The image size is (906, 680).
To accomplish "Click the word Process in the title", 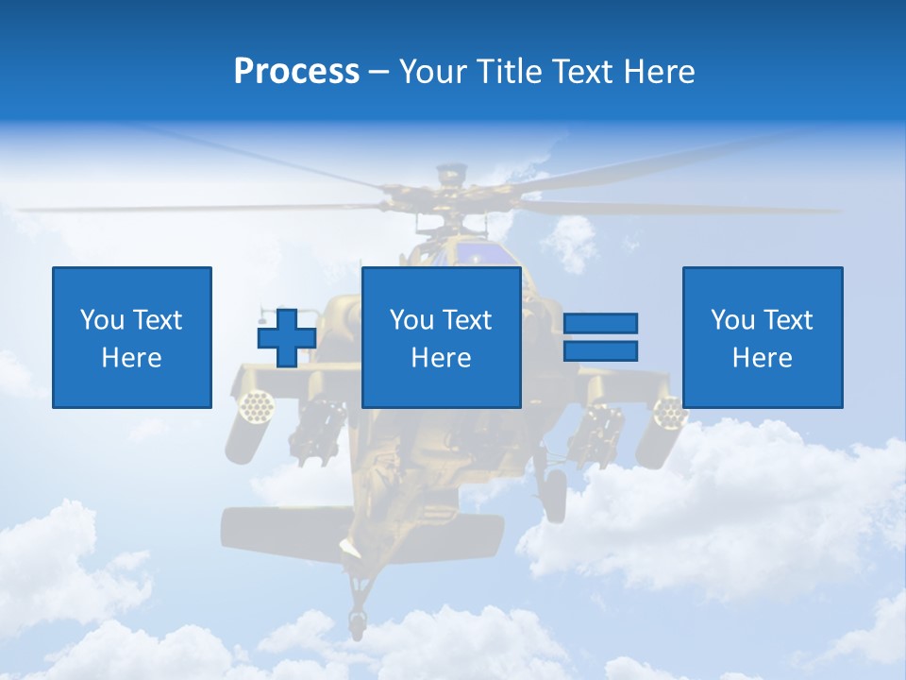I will pos(296,72).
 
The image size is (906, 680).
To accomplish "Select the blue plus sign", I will pos(287,337).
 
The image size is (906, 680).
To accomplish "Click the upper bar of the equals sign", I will pos(600,324).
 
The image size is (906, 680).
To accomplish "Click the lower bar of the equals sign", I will pos(600,350).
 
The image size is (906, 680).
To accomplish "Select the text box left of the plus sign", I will pos(131,337).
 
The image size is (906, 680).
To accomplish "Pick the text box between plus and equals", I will pos(441,337).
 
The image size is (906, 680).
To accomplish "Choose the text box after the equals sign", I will pos(762,337).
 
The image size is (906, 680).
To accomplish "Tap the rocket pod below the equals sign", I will pos(667,412).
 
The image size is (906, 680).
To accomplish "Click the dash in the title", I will pos(378,72).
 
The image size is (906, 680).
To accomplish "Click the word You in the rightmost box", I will pos(732,320).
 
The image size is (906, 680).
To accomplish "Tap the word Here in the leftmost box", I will pos(131,358).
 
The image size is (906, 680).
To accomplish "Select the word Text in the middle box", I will pos(467,320).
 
